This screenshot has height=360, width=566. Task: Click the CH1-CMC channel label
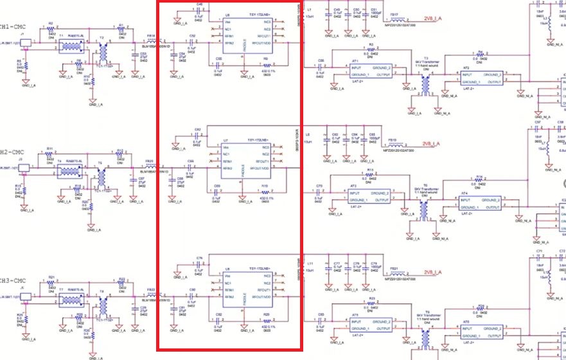click(13, 27)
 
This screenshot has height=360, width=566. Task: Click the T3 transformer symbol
click(425, 83)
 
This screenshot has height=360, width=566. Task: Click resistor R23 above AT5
click(371, 303)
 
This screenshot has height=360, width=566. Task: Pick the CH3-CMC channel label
click(13, 281)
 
